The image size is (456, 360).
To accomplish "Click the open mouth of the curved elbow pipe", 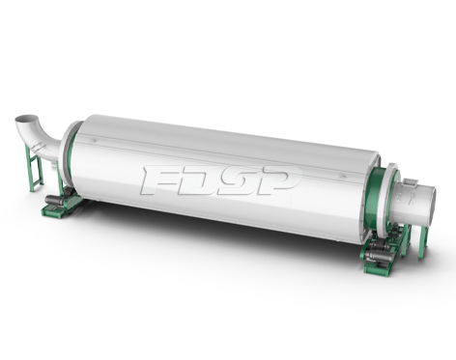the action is pyautogui.click(x=27, y=119).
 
